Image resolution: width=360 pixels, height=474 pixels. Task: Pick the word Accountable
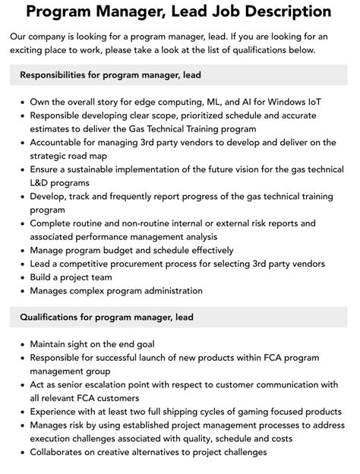pos(61,141)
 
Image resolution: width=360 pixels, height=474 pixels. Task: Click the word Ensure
pos(47,169)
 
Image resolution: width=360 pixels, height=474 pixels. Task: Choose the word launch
pos(170,357)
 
